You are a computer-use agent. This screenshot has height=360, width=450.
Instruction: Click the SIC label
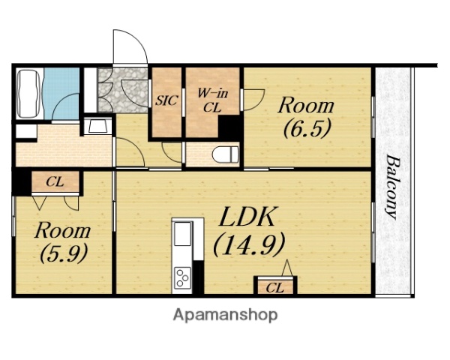166,100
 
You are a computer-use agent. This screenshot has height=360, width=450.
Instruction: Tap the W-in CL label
212,100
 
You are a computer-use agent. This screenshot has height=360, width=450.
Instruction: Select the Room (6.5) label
307,118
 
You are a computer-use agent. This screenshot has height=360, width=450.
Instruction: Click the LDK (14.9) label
248,232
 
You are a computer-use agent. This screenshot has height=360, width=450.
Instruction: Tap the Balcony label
392,187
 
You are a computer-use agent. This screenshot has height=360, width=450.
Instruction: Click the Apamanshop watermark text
225,315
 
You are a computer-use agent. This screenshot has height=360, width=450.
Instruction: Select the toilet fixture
226,154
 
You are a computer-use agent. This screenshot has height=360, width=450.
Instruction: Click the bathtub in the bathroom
28,93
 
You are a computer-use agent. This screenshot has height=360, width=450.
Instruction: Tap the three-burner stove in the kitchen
183,277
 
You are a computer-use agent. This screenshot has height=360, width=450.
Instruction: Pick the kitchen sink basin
183,234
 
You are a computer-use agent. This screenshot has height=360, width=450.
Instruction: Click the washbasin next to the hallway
97,126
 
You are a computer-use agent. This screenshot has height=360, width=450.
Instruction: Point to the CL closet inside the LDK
275,286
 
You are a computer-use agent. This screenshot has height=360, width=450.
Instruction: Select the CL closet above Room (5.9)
55,182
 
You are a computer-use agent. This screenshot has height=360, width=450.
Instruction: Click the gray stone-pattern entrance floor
124,89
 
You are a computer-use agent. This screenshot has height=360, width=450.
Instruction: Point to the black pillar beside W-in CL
229,127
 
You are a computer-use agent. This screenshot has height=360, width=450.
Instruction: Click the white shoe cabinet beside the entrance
91,90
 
